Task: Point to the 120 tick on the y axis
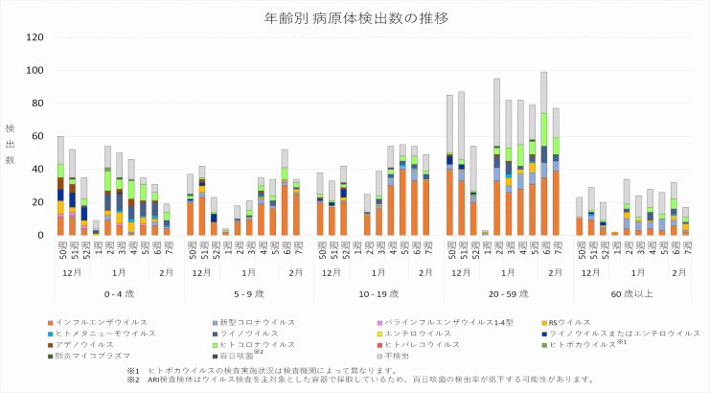click(x=34, y=37)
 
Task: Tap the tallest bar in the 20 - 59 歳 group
click(x=543, y=153)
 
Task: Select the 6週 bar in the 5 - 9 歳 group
click(x=285, y=192)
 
